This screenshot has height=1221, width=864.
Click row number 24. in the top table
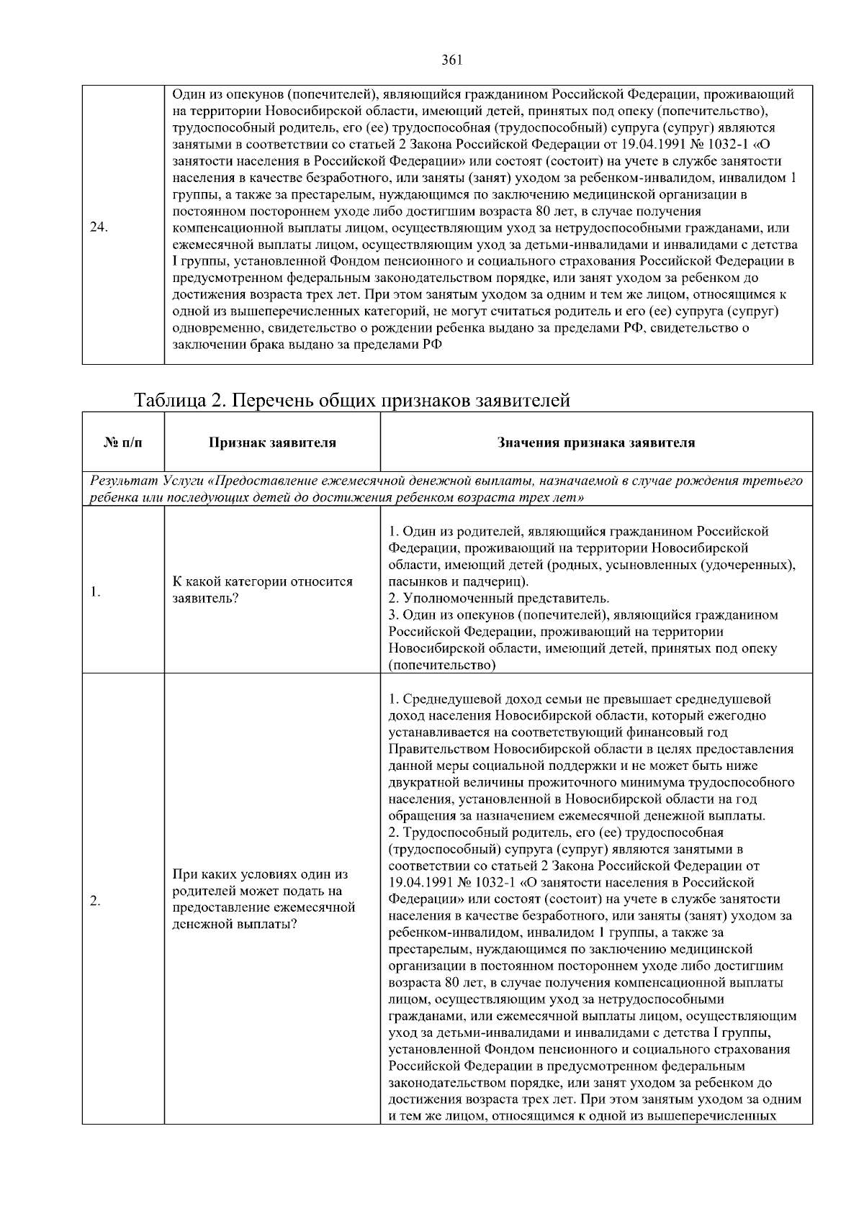click(x=99, y=227)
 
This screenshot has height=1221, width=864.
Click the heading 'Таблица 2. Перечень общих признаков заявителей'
click(x=353, y=400)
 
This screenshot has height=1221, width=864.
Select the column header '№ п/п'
click(x=123, y=442)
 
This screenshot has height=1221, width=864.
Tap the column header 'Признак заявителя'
click(x=272, y=442)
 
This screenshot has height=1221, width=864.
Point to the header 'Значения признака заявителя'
click(x=596, y=442)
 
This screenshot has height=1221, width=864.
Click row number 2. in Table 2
click(x=95, y=902)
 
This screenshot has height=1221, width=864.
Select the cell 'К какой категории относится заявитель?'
click(x=264, y=589)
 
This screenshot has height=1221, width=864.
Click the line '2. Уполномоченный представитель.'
click(x=499, y=599)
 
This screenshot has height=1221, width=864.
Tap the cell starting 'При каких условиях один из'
click(x=260, y=875)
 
